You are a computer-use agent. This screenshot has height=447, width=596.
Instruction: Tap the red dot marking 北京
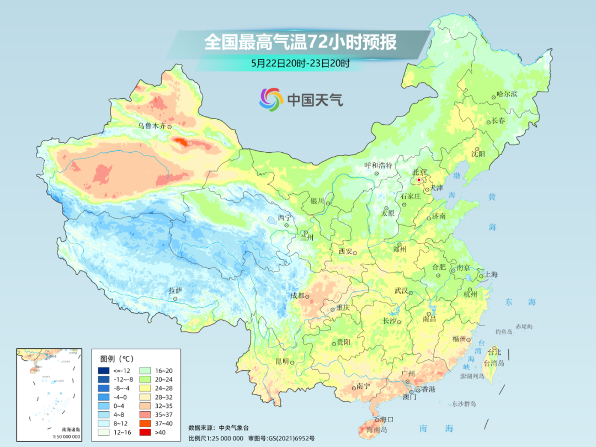point(419,180)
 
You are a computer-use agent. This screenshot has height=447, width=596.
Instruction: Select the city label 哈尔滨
point(507,94)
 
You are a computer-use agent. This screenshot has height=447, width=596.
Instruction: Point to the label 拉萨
point(175,290)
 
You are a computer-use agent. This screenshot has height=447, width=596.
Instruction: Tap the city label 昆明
point(282,361)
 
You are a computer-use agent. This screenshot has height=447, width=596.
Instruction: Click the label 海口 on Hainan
point(386,419)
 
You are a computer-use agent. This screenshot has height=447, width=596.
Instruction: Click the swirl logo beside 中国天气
point(271,99)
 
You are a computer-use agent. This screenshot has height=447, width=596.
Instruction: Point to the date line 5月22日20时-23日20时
point(300,63)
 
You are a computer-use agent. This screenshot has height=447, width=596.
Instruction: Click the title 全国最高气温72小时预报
point(300,43)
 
